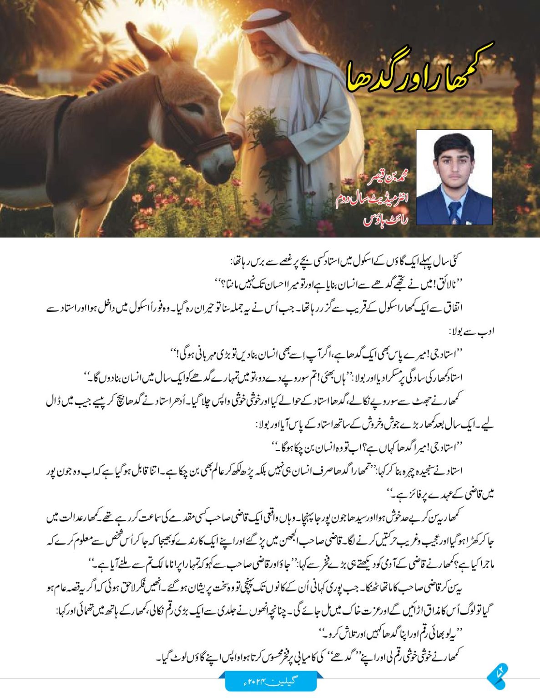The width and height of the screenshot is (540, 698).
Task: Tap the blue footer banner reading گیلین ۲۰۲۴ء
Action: click(x=270, y=681)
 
